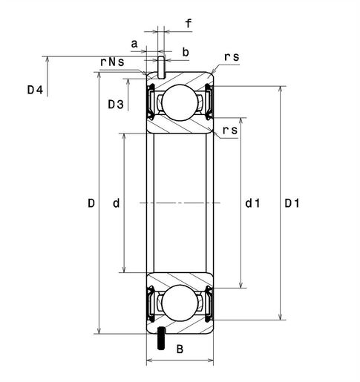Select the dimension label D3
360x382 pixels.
tap(115, 105)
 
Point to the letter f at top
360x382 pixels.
tap(189, 24)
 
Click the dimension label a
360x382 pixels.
tap(134, 44)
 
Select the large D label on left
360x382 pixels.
tap(91, 202)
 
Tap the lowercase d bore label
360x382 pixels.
tap(115, 202)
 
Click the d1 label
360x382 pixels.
tap(252, 202)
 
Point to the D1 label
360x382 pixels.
tap(292, 202)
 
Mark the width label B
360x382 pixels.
tap(179, 349)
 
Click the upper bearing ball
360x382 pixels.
tap(179, 102)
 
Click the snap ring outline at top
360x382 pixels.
tap(160, 65)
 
